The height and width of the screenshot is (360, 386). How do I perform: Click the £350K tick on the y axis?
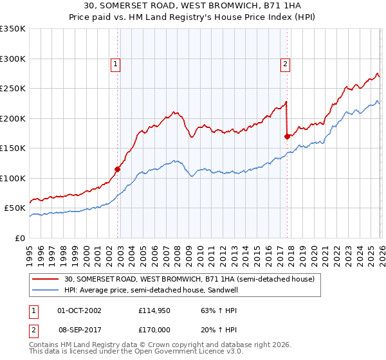[x=13, y=29]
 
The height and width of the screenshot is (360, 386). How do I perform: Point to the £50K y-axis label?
[x=15, y=208]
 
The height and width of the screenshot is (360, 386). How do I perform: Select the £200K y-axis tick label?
[x=13, y=118]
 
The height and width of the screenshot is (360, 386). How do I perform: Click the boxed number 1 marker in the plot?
[x=115, y=64]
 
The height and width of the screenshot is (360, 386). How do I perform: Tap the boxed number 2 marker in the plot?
[x=284, y=64]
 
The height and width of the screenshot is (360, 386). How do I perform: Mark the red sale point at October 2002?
[x=118, y=170]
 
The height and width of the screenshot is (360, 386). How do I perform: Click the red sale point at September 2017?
[x=287, y=136]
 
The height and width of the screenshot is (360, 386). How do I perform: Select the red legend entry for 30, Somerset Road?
[x=189, y=280]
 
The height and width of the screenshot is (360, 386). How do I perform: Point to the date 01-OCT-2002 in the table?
[x=79, y=310]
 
